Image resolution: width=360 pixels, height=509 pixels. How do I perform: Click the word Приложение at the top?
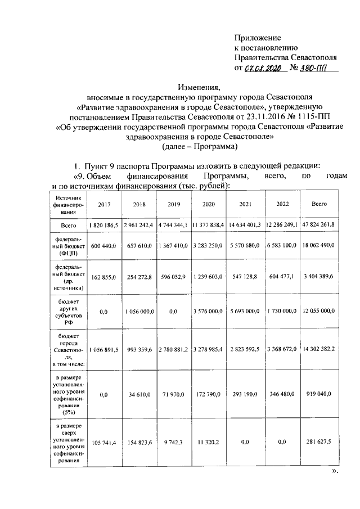[x=257, y=38]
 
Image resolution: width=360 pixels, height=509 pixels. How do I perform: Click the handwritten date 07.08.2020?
[x=262, y=69]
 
